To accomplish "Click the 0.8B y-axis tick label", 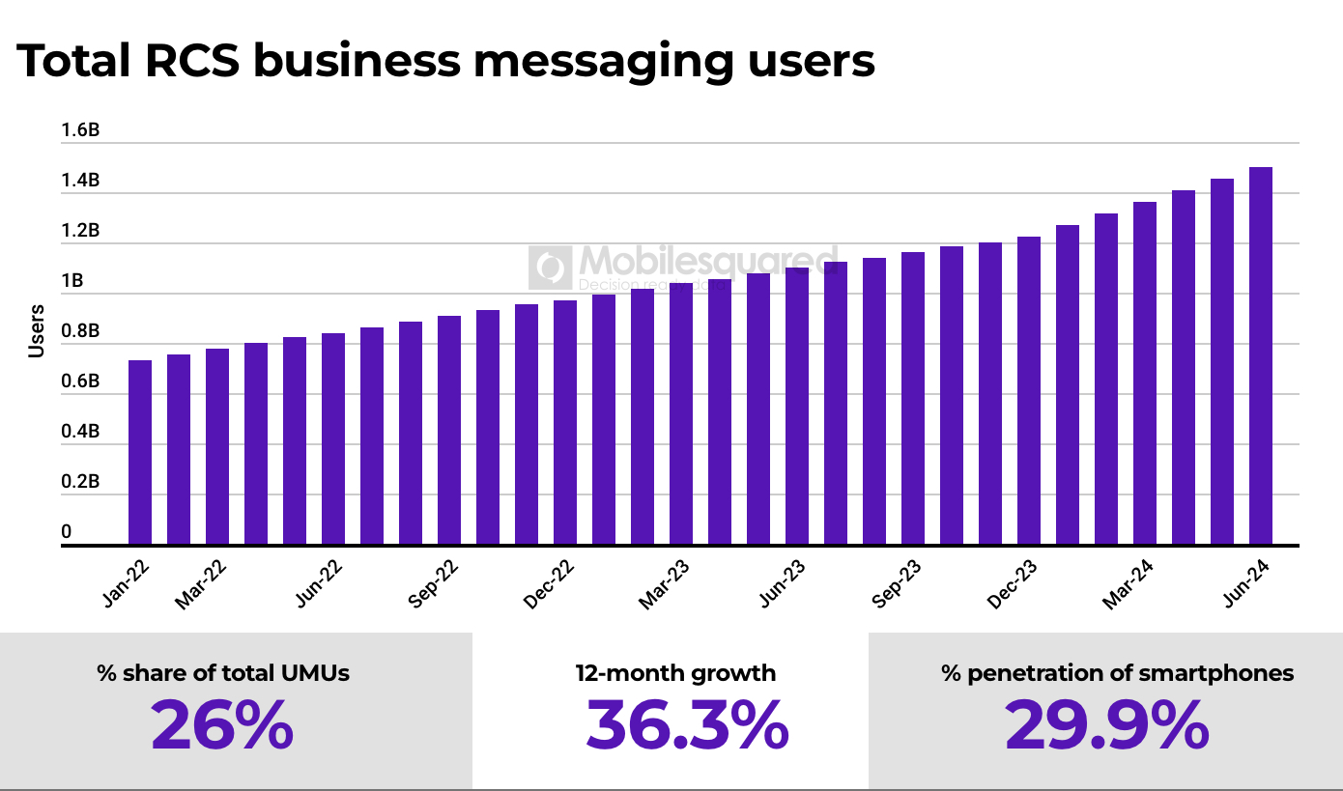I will (80, 331).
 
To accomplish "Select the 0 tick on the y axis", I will (67, 531).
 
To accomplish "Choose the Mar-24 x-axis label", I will (1129, 586).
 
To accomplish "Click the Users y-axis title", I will (37, 331).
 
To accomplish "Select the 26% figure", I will (222, 725).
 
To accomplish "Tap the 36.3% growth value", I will (687, 725).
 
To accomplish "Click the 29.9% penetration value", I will (1106, 725).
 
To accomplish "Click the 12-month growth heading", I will (675, 673).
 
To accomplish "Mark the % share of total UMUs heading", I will (223, 673).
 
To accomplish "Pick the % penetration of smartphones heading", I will (1117, 673).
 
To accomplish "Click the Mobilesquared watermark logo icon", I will (550, 268).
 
